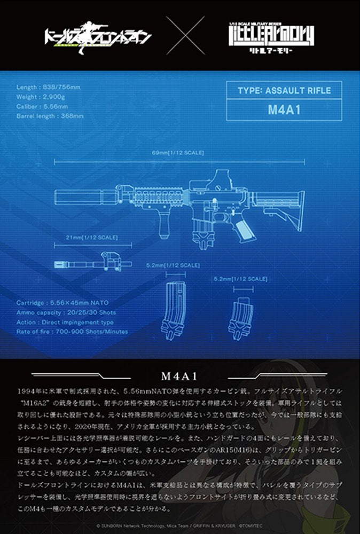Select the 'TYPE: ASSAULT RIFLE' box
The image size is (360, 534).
click(284, 90)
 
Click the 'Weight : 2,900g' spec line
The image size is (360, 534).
click(41, 97)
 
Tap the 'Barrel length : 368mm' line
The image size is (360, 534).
click(50, 116)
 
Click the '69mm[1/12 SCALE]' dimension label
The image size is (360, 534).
click(178, 153)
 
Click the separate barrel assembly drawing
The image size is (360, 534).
click(92, 263)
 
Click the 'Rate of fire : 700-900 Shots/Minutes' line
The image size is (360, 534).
click(72, 332)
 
